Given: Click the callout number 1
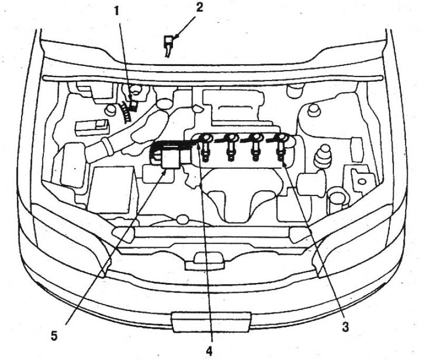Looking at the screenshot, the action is point(116,12).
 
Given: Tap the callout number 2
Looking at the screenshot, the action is point(199,7).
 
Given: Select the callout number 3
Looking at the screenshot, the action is point(346,327).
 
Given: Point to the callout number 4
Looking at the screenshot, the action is point(209,351).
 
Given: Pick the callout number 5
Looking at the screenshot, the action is point(54,336).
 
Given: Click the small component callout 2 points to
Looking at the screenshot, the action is point(168,44).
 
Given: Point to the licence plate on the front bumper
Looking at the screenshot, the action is point(211,322).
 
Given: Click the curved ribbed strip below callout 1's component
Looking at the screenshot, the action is point(126,112).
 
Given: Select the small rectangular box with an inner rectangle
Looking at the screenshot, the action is point(93,127).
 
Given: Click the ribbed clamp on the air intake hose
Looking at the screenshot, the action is point(107,148).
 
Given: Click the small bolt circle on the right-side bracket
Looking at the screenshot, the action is point(362,182).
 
